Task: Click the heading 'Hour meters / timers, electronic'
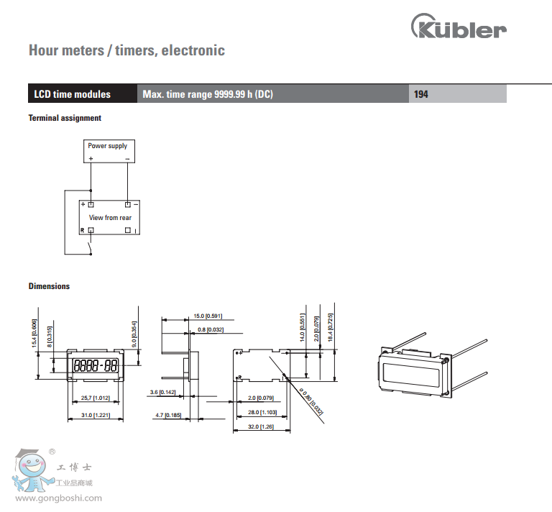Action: [126, 50]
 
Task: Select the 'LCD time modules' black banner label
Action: [73, 94]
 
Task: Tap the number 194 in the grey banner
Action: [421, 94]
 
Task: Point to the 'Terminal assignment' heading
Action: [65, 118]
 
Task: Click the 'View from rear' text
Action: [110, 217]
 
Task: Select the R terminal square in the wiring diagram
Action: [91, 230]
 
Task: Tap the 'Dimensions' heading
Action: [49, 286]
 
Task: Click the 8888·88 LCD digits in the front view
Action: [96, 365]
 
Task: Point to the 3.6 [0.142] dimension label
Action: [164, 392]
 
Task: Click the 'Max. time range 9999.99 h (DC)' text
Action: [208, 94]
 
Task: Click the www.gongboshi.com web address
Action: [59, 498]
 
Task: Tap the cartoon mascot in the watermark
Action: [31, 471]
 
